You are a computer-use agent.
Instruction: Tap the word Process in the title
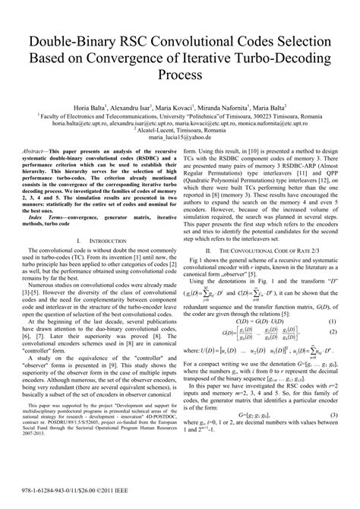tap(180, 76)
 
